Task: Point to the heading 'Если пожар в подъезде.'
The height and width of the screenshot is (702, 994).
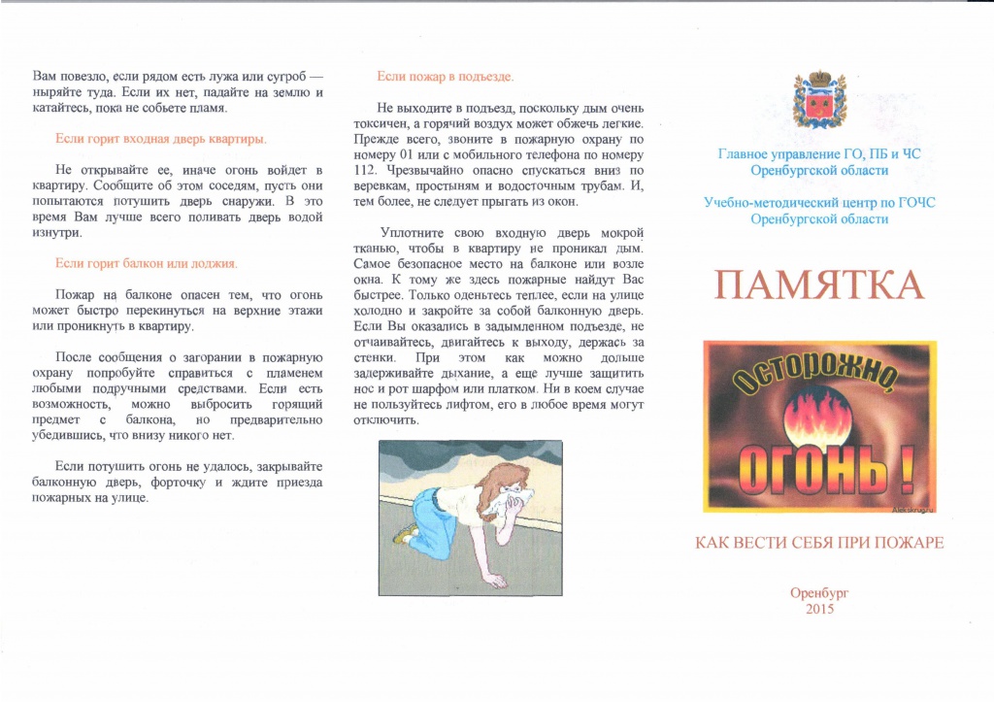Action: [445, 76]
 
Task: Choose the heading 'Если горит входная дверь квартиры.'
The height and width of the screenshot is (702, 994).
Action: [161, 139]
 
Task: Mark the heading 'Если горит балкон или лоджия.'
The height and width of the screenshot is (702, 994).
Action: [147, 263]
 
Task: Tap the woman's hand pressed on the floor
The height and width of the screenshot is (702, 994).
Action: [495, 581]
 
